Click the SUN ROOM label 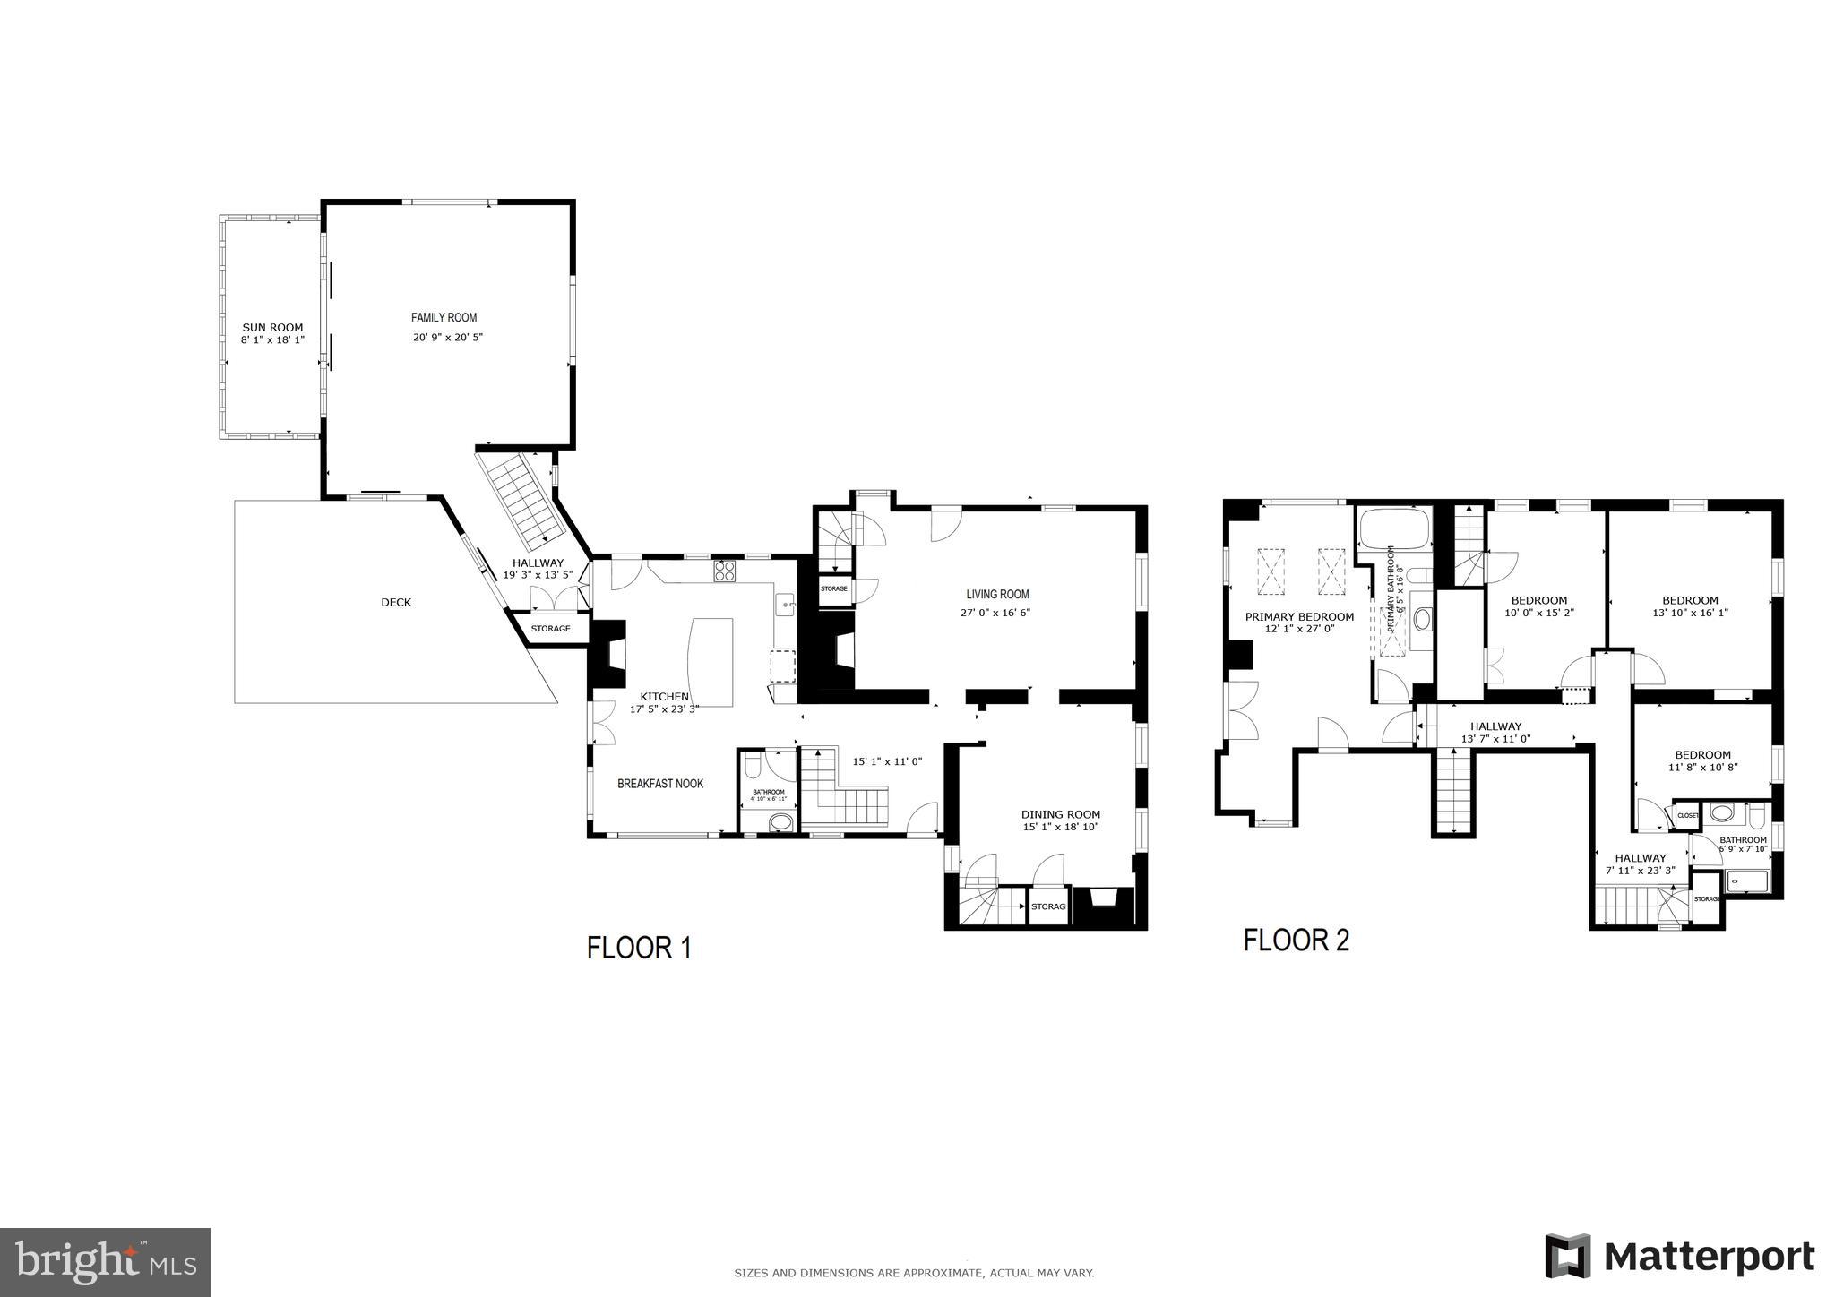[272, 328]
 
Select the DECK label [396, 603]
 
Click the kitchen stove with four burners [724, 571]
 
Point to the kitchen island [710, 661]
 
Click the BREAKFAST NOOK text [660, 784]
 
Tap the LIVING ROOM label [997, 594]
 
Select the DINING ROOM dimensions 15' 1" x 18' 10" [1060, 827]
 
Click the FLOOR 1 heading [639, 948]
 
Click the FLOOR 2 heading [1296, 941]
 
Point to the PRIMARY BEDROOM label [1299, 617]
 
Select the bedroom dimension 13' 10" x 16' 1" [1690, 614]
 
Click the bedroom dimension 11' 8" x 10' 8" [1702, 768]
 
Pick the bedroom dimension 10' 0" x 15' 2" [1538, 614]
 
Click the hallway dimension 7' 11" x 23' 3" [1640, 870]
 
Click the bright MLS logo [105, 1262]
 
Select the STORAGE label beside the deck [550, 629]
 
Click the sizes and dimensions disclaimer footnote [914, 1273]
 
